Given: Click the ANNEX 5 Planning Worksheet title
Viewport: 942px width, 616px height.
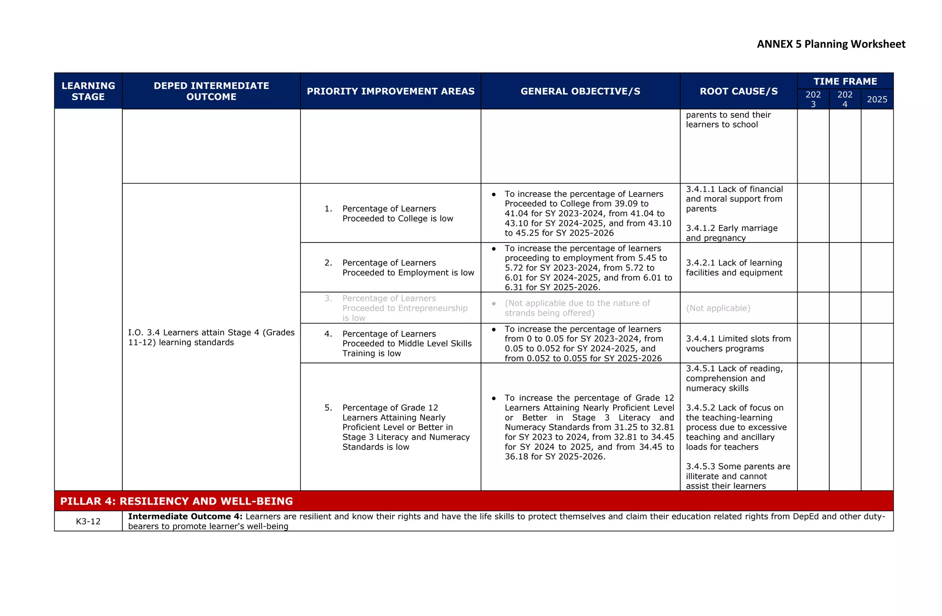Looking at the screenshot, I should tap(831, 44).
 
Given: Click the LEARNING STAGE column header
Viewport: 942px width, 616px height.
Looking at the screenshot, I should tap(88, 91).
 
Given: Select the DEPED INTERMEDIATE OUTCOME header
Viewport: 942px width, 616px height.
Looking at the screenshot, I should tap(211, 91).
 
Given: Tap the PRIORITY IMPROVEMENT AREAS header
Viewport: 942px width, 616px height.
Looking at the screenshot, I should tap(391, 91).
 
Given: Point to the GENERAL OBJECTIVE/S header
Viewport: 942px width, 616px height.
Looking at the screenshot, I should tap(580, 91).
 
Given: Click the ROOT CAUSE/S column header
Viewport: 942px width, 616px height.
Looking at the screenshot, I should tap(738, 91).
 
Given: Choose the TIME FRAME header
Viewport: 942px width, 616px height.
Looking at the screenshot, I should tap(845, 81).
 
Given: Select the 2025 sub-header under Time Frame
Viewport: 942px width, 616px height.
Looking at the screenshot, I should tap(877, 99).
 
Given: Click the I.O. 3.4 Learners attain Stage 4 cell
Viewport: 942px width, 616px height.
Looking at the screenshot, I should tap(211, 337).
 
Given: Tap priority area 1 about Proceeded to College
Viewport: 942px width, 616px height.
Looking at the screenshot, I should tap(397, 213).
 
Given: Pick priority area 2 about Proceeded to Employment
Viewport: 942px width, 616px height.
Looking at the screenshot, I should tap(408, 268).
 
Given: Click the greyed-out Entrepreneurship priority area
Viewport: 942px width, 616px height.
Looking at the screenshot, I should tap(404, 308).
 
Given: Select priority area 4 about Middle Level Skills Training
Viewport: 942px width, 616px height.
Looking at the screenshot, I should tap(407, 344).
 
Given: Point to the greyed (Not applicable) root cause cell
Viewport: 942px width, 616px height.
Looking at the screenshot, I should tap(718, 308).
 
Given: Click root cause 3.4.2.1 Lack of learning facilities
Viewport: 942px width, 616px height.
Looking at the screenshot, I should tap(734, 268).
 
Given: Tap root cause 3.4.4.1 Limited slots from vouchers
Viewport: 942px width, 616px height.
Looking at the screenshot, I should tap(738, 344).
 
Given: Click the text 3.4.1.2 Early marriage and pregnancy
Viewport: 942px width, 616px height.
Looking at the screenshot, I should tap(731, 233).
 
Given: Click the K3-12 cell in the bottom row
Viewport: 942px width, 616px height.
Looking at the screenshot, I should tap(88, 521).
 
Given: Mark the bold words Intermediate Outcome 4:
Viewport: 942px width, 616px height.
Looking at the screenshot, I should tap(185, 517).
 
